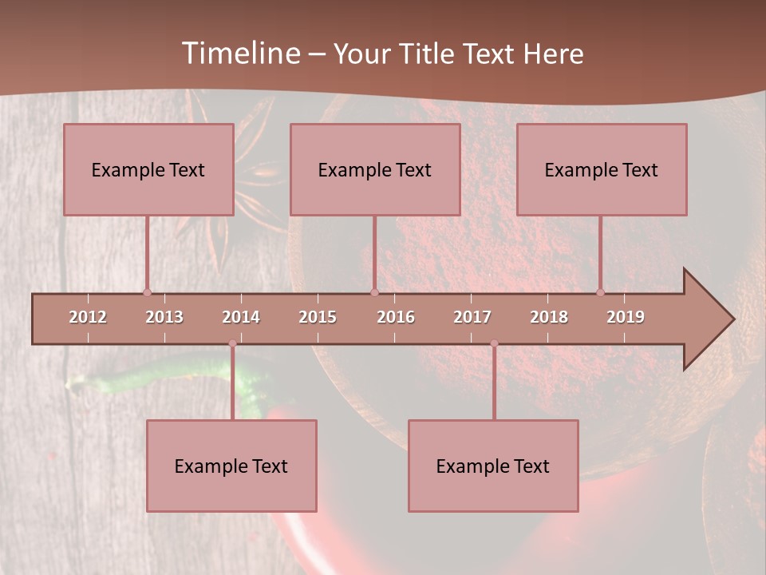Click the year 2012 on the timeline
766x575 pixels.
coord(88,317)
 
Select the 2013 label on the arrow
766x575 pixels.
coord(164,317)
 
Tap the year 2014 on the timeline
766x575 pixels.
coord(241,317)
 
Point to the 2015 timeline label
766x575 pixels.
coord(318,317)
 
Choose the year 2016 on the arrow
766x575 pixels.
coord(396,317)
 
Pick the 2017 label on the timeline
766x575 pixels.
coord(472,317)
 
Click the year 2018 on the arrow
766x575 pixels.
coord(549,317)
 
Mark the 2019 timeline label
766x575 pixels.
coord(626,317)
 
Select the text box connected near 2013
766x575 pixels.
coord(148,169)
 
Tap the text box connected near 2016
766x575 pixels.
coord(375,169)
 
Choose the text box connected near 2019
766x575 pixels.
coord(602,169)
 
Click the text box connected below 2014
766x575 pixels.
coord(231,466)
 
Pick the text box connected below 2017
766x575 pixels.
coord(493,466)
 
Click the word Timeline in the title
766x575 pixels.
coord(239,54)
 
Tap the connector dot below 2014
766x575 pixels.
coord(232,343)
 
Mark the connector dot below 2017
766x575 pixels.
coord(494,343)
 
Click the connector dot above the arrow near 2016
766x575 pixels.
coord(374,292)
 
